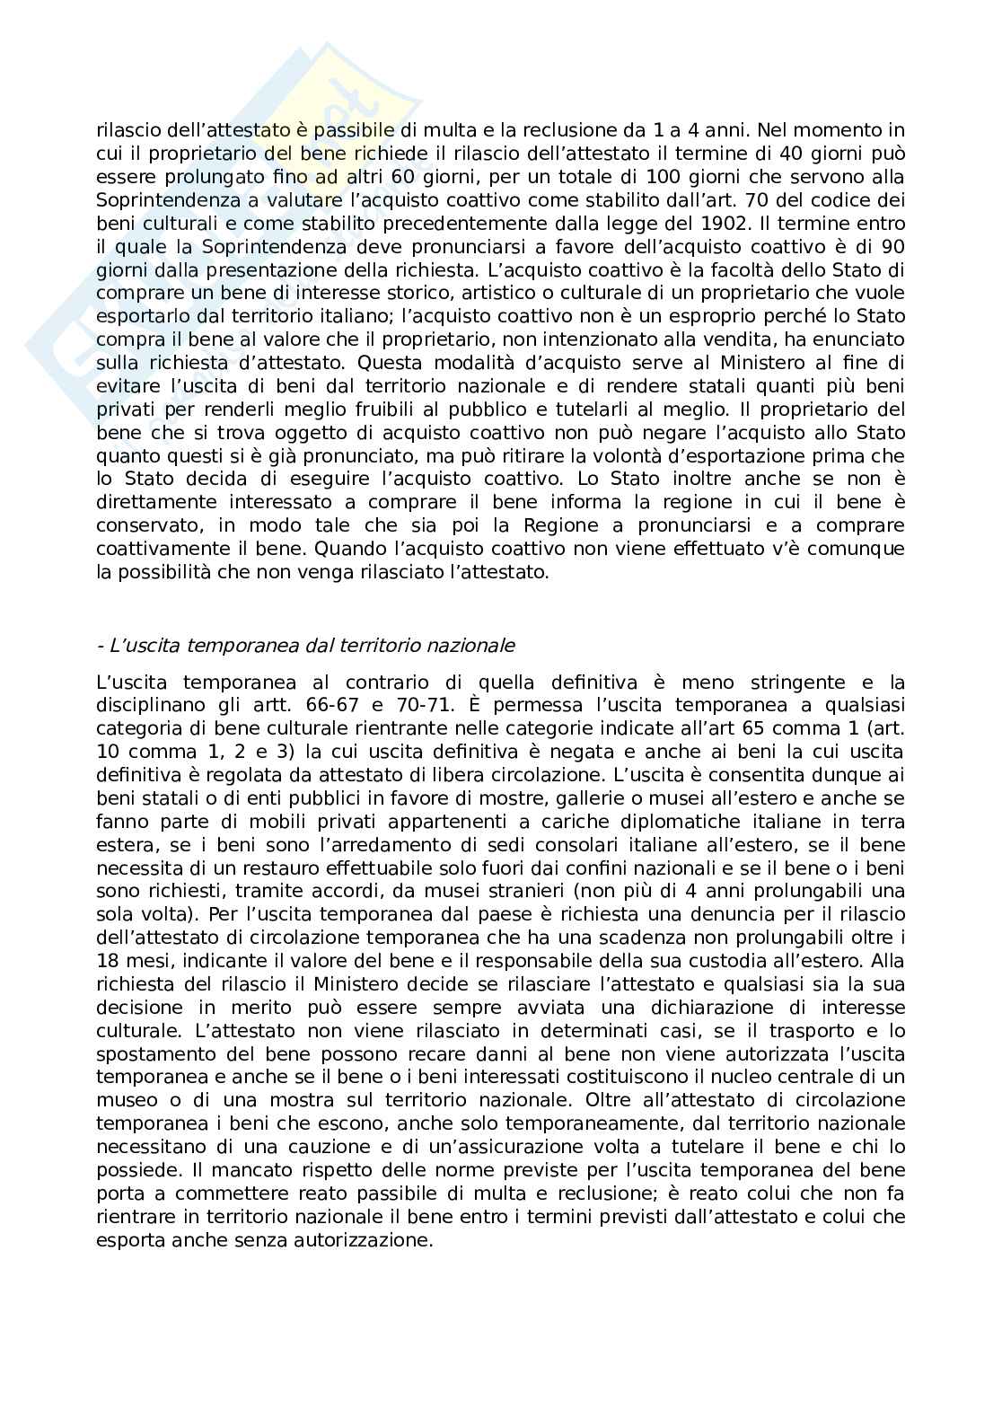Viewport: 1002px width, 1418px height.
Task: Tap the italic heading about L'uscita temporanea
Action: coord(305,645)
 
